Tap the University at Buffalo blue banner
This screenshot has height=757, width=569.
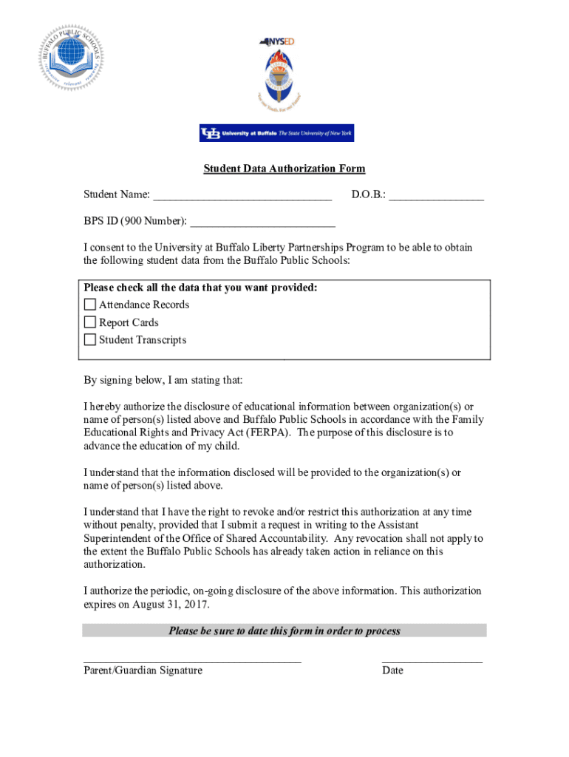(276, 133)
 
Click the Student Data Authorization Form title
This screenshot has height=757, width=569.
(284, 169)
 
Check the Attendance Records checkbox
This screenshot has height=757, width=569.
(90, 305)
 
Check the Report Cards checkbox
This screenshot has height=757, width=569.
(90, 322)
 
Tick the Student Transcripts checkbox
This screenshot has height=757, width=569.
(90, 340)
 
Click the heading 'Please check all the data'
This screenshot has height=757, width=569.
(200, 288)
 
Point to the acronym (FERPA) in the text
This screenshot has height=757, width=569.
(269, 432)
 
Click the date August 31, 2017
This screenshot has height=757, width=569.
(170, 604)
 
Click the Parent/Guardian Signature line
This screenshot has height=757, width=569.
(192, 660)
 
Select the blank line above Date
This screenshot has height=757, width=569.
(432, 660)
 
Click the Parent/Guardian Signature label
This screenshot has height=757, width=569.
(143, 671)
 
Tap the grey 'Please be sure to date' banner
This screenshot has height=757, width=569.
(284, 631)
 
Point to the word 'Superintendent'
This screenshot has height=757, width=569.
(119, 538)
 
